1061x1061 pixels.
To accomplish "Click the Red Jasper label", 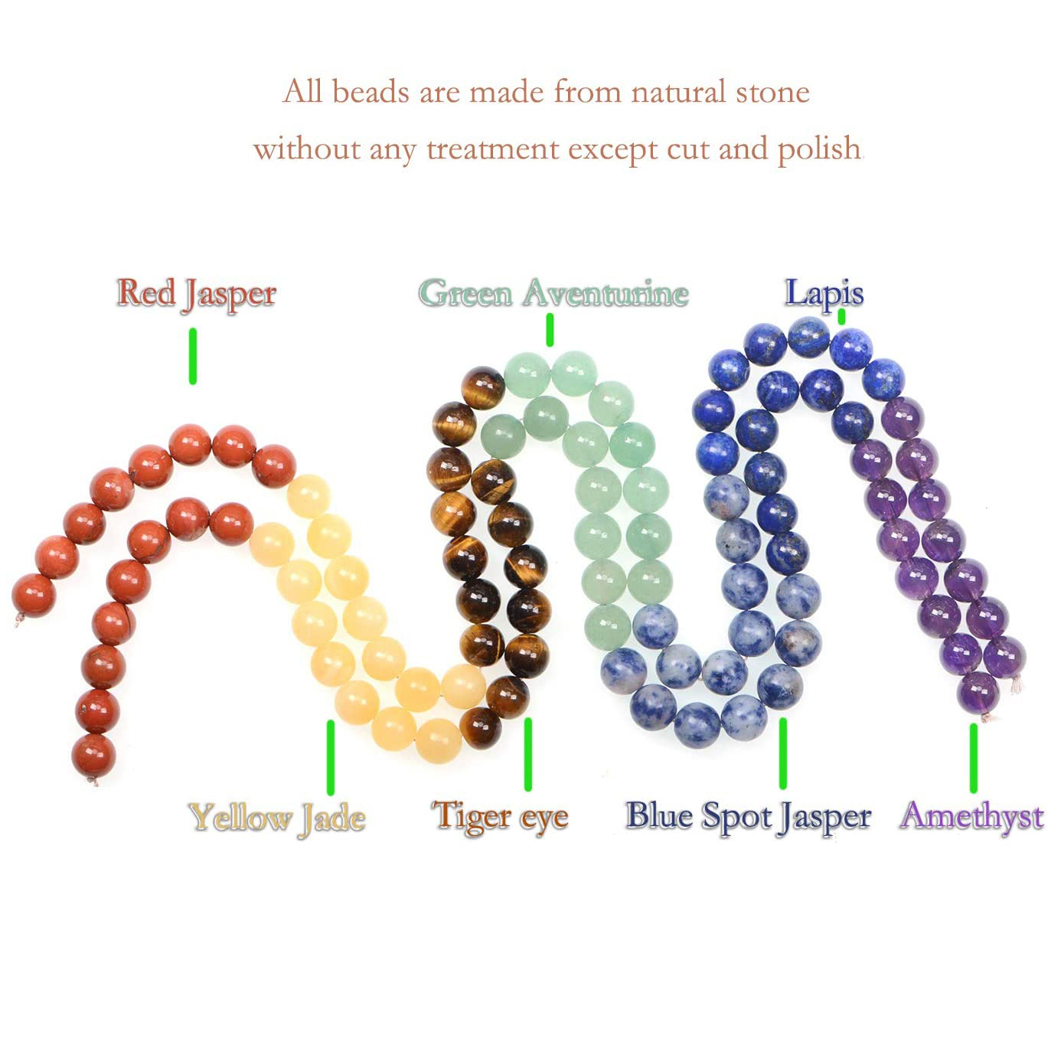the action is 196,295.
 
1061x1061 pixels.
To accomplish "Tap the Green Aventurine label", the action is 553,293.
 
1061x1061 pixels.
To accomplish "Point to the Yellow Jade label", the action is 277,818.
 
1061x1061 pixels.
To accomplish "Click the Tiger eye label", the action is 500,817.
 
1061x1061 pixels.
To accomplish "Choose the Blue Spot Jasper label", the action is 748,817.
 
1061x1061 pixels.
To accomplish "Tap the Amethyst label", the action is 971,817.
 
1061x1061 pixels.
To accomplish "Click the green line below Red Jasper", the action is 193,356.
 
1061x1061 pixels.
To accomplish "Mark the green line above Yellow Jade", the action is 331,757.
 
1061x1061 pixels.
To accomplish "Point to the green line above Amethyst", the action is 974,758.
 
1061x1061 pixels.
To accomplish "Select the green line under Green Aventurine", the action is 550,330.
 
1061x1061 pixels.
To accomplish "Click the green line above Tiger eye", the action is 528,754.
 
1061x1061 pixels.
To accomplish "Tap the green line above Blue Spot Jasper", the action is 783,752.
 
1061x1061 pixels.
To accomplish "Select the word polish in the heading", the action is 819,149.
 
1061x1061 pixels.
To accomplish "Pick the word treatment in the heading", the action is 493,149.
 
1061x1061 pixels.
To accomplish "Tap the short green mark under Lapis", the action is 841,317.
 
